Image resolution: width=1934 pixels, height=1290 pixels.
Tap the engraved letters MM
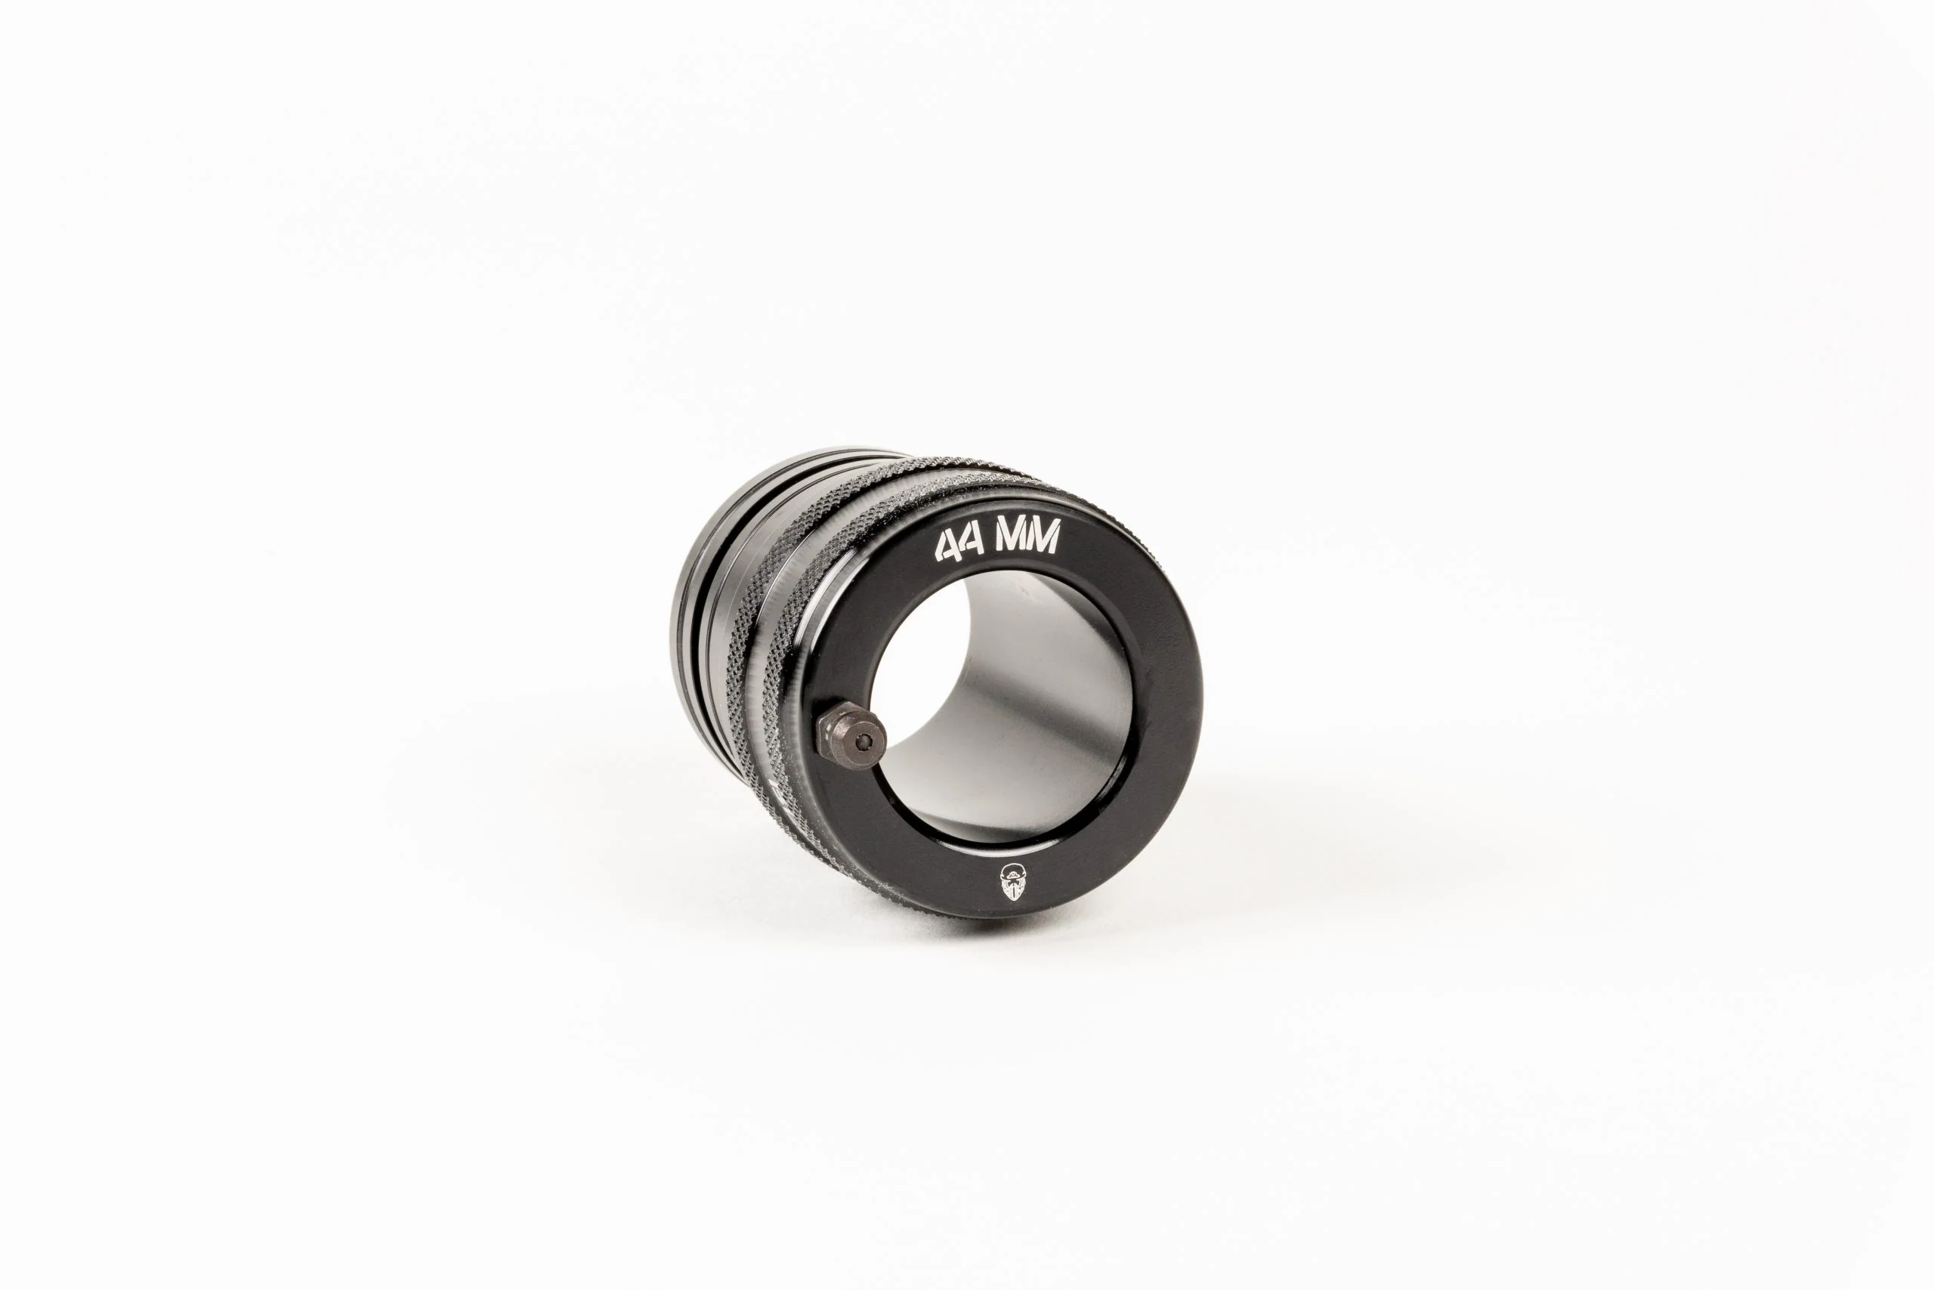click(1027, 540)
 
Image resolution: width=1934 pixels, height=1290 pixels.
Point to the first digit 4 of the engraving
click(947, 548)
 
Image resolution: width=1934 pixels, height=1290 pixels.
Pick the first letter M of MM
click(1011, 542)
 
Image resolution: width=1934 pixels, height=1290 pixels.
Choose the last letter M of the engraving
click(1043, 539)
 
